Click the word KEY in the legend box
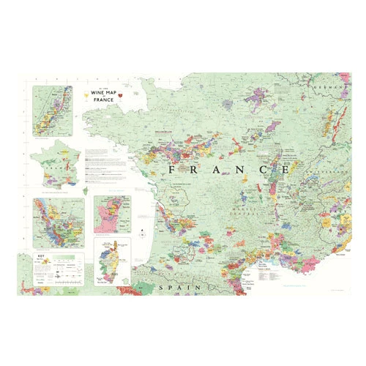41,257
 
